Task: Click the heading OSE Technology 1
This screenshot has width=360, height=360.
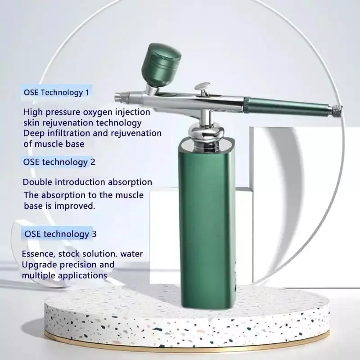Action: (56, 92)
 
